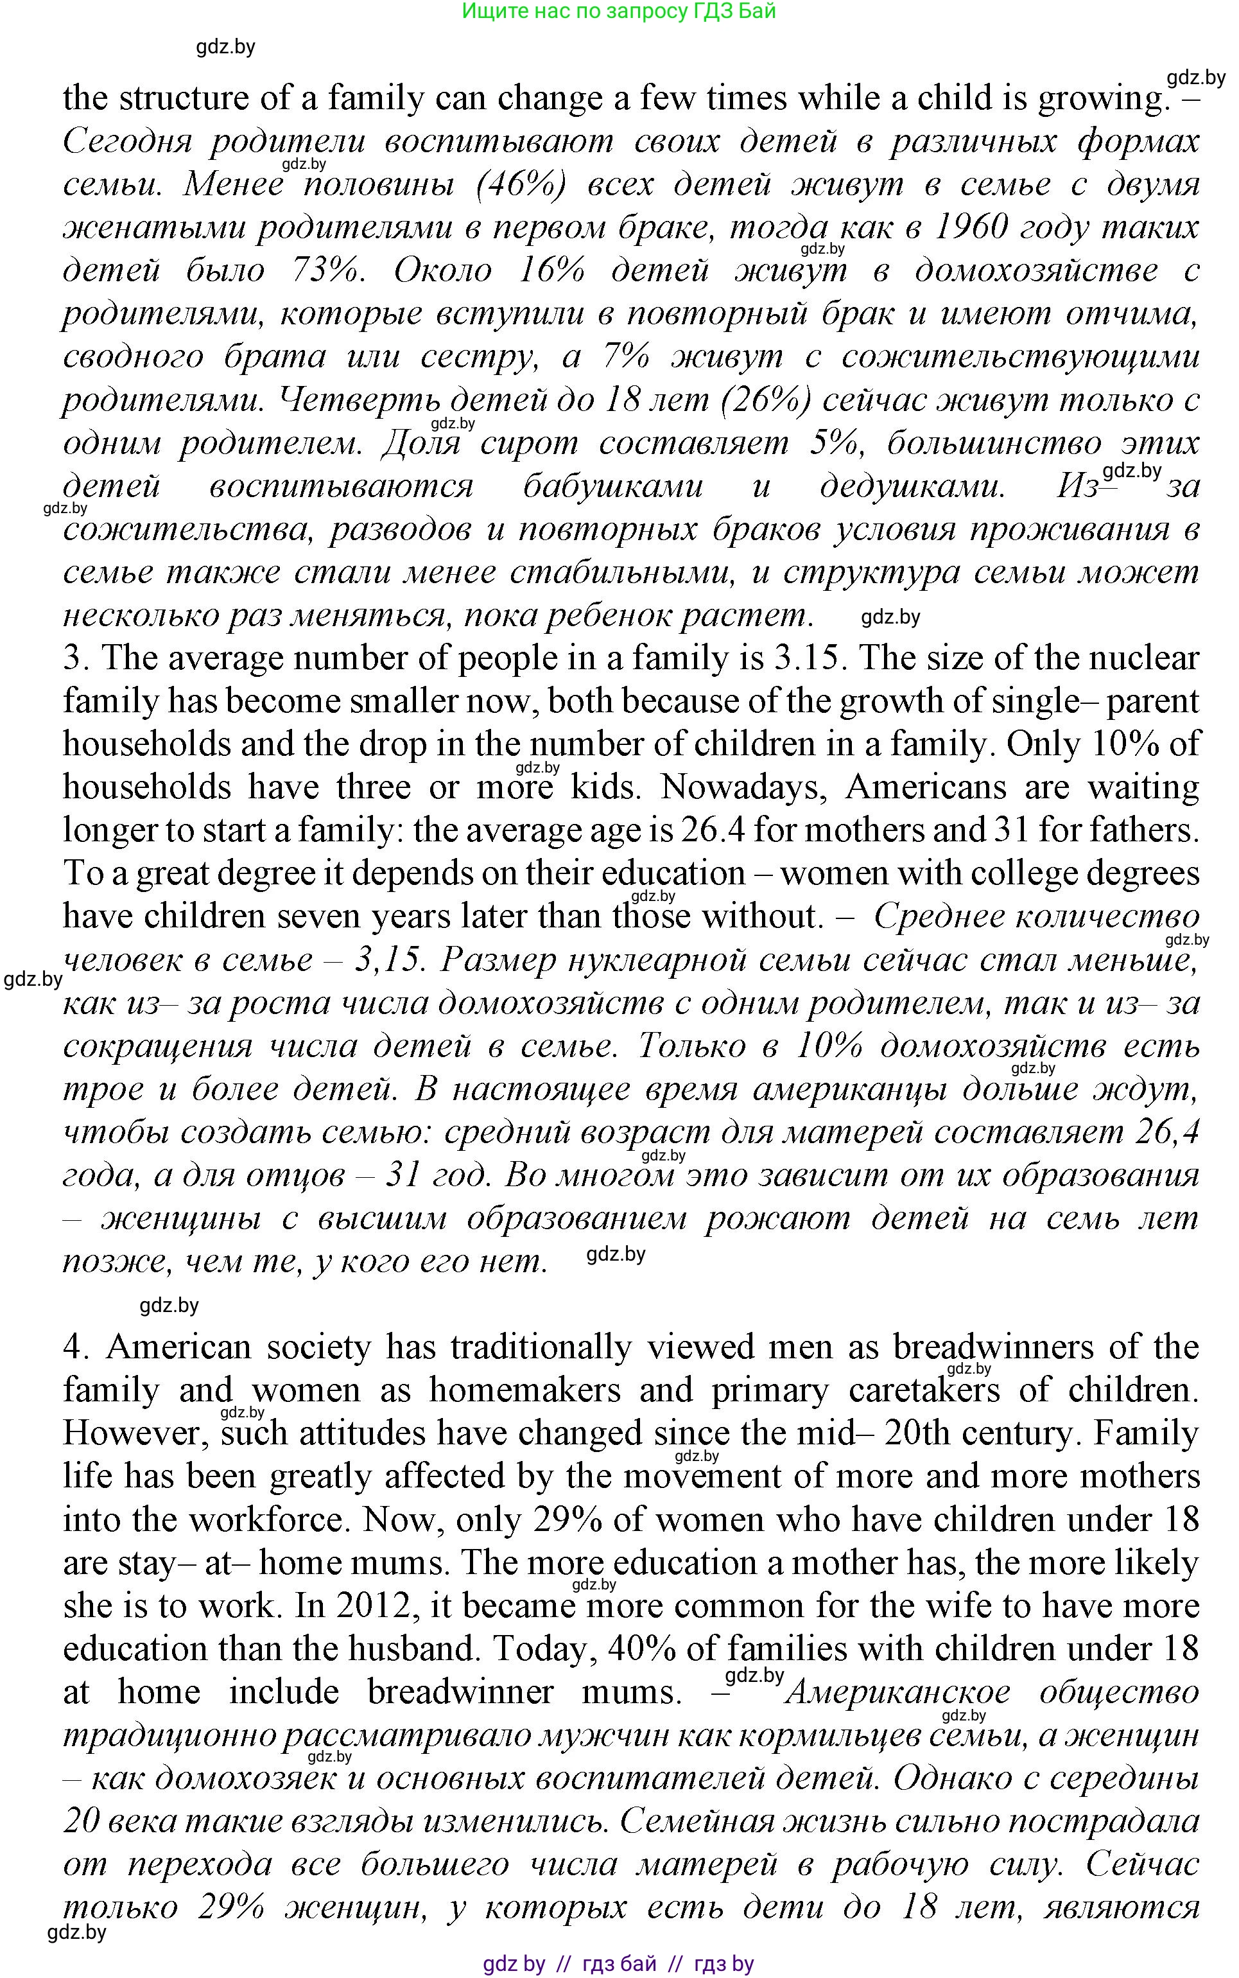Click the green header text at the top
[x=619, y=12]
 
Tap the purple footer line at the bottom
[x=619, y=1963]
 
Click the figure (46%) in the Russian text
[x=521, y=184]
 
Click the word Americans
[x=925, y=788]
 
